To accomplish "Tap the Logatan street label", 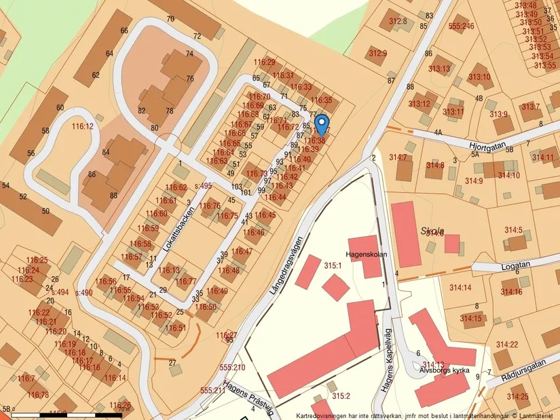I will [x=512, y=266].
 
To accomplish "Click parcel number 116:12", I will [x=82, y=126].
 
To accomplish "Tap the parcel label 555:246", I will [x=461, y=26].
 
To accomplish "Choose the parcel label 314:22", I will [x=506, y=345].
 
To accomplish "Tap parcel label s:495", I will [x=203, y=186].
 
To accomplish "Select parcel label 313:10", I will [x=479, y=77].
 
